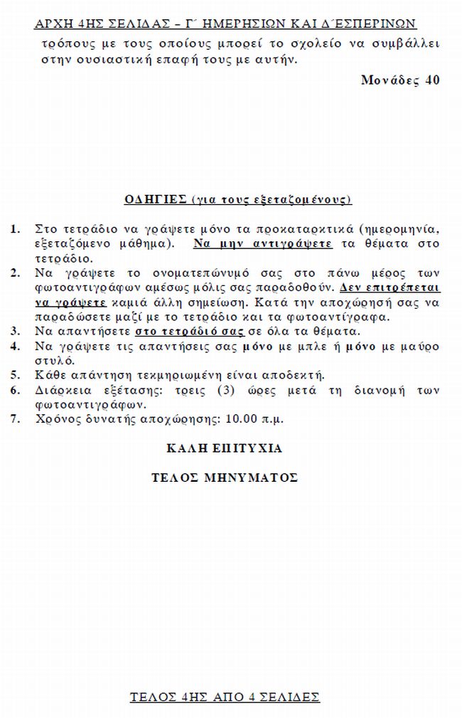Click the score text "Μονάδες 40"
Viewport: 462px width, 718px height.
(400, 80)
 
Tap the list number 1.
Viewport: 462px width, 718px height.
(15, 229)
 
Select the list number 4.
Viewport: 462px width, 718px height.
(15, 347)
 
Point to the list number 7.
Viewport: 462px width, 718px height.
(15, 419)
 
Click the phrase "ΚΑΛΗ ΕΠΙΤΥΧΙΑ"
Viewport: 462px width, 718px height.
(224, 448)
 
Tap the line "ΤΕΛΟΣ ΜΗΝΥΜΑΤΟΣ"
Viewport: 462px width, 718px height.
(224, 477)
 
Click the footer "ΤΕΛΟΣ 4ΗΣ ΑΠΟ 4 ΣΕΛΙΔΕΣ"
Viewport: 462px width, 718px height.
(225, 697)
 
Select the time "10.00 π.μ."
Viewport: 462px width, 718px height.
(254, 419)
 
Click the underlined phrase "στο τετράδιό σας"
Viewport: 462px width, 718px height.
(189, 332)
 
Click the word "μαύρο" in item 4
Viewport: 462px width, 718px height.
(420, 347)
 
